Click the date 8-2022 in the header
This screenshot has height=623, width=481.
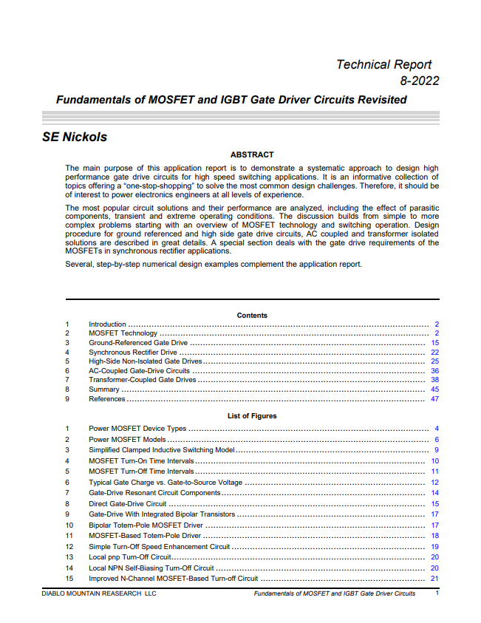click(419, 81)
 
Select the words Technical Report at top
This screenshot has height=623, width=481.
click(383, 65)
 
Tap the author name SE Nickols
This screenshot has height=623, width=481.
click(75, 137)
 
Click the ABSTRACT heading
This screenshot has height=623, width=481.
click(252, 155)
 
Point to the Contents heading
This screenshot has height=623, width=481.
click(252, 316)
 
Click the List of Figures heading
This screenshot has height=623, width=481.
click(252, 416)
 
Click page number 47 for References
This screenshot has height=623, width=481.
click(434, 399)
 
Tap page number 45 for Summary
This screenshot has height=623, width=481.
click(434, 389)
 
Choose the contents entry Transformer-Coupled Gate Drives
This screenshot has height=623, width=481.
click(143, 380)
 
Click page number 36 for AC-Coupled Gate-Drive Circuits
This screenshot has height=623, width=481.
click(434, 371)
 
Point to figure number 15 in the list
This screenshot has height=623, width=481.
click(69, 579)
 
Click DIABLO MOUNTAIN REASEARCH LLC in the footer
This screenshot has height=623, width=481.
click(98, 593)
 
